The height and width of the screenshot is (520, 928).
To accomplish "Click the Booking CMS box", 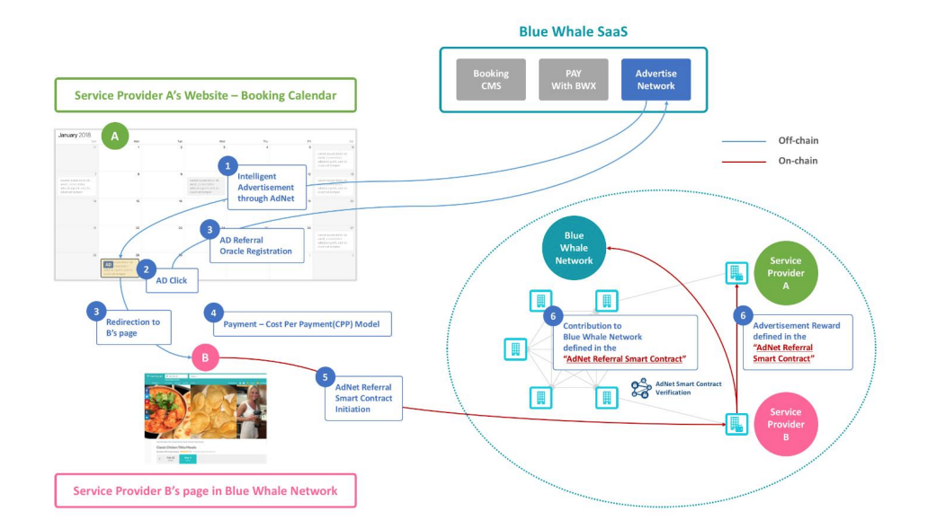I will point(491,79).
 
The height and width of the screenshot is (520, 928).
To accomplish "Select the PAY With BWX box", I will point(573,79).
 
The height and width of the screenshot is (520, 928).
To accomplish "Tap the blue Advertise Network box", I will point(656,79).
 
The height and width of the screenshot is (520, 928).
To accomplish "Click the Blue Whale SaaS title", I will point(573,31).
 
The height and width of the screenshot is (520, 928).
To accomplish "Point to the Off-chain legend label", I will point(799,140).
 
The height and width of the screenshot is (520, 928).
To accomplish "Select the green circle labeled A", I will point(114,137).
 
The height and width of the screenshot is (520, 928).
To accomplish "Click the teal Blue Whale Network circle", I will point(574,248).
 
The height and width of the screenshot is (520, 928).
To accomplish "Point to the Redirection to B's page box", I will point(133,328).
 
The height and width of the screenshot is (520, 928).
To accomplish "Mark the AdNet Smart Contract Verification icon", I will point(641,388).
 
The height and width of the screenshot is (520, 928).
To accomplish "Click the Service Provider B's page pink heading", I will point(206,490).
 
